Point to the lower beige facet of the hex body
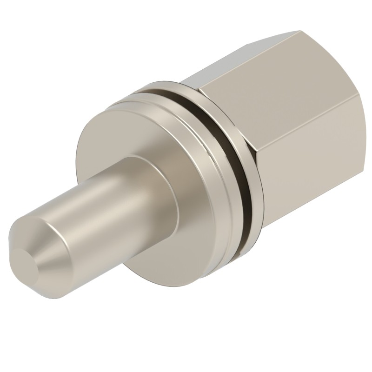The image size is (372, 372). click(x=316, y=181)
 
